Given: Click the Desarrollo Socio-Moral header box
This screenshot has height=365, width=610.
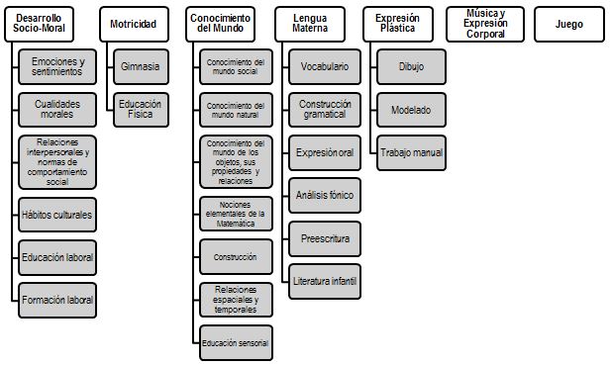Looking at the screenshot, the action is [39, 24].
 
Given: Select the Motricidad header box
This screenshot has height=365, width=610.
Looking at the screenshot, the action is [135, 24].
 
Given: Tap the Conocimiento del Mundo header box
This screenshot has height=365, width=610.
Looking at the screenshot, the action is [220, 24].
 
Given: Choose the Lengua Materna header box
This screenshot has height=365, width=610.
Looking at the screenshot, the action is [310, 24].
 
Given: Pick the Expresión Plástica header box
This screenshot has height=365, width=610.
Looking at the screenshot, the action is [398, 24].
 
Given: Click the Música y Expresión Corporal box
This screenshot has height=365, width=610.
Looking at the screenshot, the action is [485, 24].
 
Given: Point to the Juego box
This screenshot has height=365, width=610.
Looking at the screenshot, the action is [569, 24].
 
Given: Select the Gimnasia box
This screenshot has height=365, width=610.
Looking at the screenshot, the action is [142, 66].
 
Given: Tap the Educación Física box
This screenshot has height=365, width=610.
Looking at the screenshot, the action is [142, 110].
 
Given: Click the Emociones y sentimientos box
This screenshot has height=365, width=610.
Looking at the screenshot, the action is [57, 66].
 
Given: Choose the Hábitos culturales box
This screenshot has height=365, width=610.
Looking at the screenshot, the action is [57, 215].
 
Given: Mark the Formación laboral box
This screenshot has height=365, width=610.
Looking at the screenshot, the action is [57, 300].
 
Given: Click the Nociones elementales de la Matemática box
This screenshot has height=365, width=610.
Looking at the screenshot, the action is [236, 214].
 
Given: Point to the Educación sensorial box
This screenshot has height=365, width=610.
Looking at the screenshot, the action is [236, 343].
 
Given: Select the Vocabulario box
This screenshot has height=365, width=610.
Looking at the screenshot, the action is [325, 66].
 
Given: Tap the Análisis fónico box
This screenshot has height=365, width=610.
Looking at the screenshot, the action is [325, 195].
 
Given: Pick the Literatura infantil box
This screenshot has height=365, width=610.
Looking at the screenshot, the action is [325, 282].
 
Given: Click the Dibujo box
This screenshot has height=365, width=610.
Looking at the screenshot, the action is [412, 66].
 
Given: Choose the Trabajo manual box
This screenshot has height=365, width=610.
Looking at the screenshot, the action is [412, 152].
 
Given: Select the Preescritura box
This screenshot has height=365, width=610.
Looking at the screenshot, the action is [325, 238].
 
